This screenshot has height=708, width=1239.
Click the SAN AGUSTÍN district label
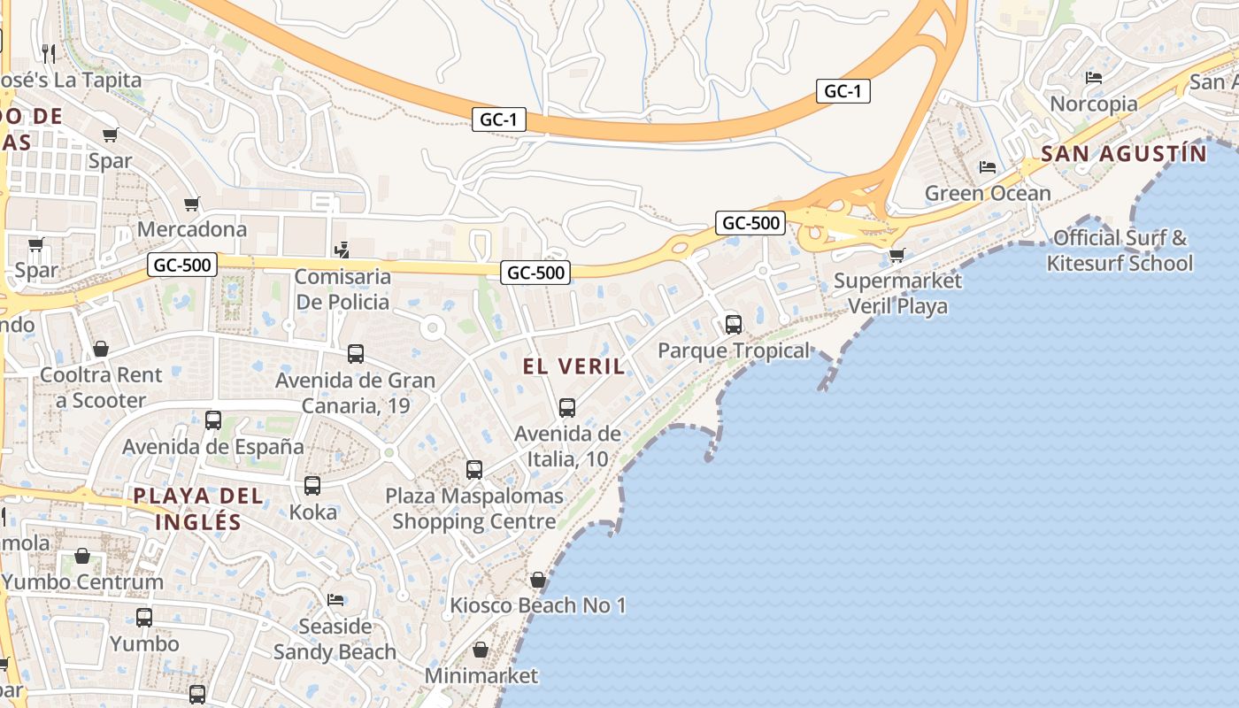click(1123, 154)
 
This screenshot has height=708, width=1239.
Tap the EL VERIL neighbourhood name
click(573, 366)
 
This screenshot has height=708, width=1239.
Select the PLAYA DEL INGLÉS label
click(198, 509)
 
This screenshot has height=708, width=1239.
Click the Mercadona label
click(192, 229)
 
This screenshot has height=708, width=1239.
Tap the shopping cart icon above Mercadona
click(192, 204)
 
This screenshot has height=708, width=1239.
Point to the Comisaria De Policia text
click(342, 289)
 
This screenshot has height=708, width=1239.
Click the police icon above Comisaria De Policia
click(342, 251)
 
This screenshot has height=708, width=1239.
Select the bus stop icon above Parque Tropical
click(733, 325)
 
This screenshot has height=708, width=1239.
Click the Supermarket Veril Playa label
click(897, 294)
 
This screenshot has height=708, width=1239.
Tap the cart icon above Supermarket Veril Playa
click(897, 256)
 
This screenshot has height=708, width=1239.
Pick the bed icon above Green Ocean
click(988, 167)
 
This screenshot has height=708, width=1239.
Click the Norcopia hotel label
click(1094, 104)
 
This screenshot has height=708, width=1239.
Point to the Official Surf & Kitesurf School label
click(1120, 250)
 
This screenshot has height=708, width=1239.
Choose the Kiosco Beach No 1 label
click(537, 605)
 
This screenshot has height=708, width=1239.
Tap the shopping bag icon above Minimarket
click(481, 650)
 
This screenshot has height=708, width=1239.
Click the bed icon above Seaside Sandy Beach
click(335, 600)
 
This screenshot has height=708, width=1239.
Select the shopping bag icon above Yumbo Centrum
click(82, 557)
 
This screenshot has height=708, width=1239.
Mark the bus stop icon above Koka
click(312, 486)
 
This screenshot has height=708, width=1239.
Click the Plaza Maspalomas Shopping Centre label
click(473, 509)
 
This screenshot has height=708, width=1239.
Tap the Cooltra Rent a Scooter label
click(101, 388)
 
